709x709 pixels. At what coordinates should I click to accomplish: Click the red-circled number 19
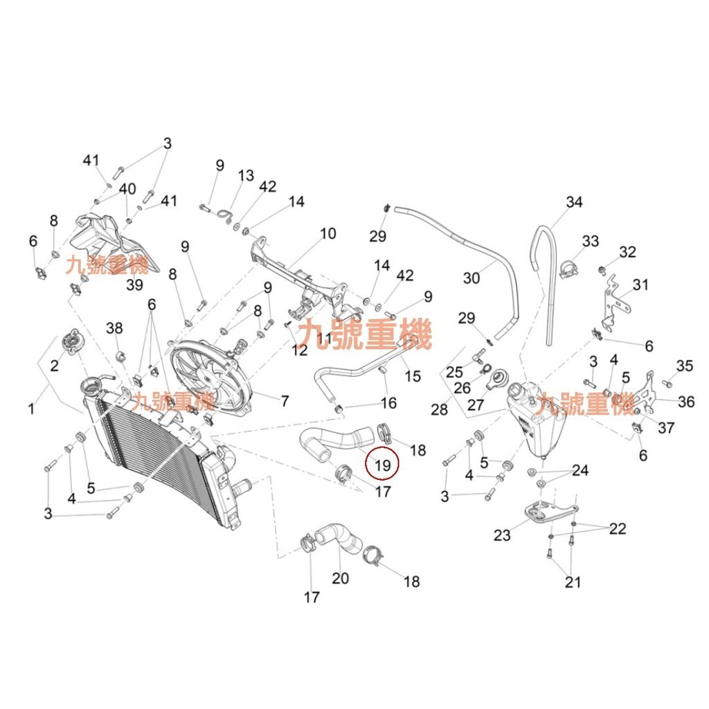[383, 465]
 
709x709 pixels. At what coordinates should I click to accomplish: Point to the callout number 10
[327, 233]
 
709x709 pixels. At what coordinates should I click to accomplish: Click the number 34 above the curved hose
[574, 202]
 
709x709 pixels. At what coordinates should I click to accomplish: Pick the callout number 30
[471, 278]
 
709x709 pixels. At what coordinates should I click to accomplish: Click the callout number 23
[502, 535]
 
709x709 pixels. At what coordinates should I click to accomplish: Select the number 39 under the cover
[134, 285]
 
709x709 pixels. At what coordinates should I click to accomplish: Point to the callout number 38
[114, 328]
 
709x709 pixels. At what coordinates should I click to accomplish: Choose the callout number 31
[640, 285]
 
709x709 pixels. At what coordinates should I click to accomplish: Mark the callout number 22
[618, 529]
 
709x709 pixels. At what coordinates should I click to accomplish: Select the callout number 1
[31, 409]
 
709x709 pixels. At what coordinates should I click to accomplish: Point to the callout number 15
[413, 376]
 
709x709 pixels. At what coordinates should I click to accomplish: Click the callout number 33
[590, 241]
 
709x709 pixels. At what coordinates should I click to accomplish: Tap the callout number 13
[246, 176]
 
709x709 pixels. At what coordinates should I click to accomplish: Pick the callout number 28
[439, 409]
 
